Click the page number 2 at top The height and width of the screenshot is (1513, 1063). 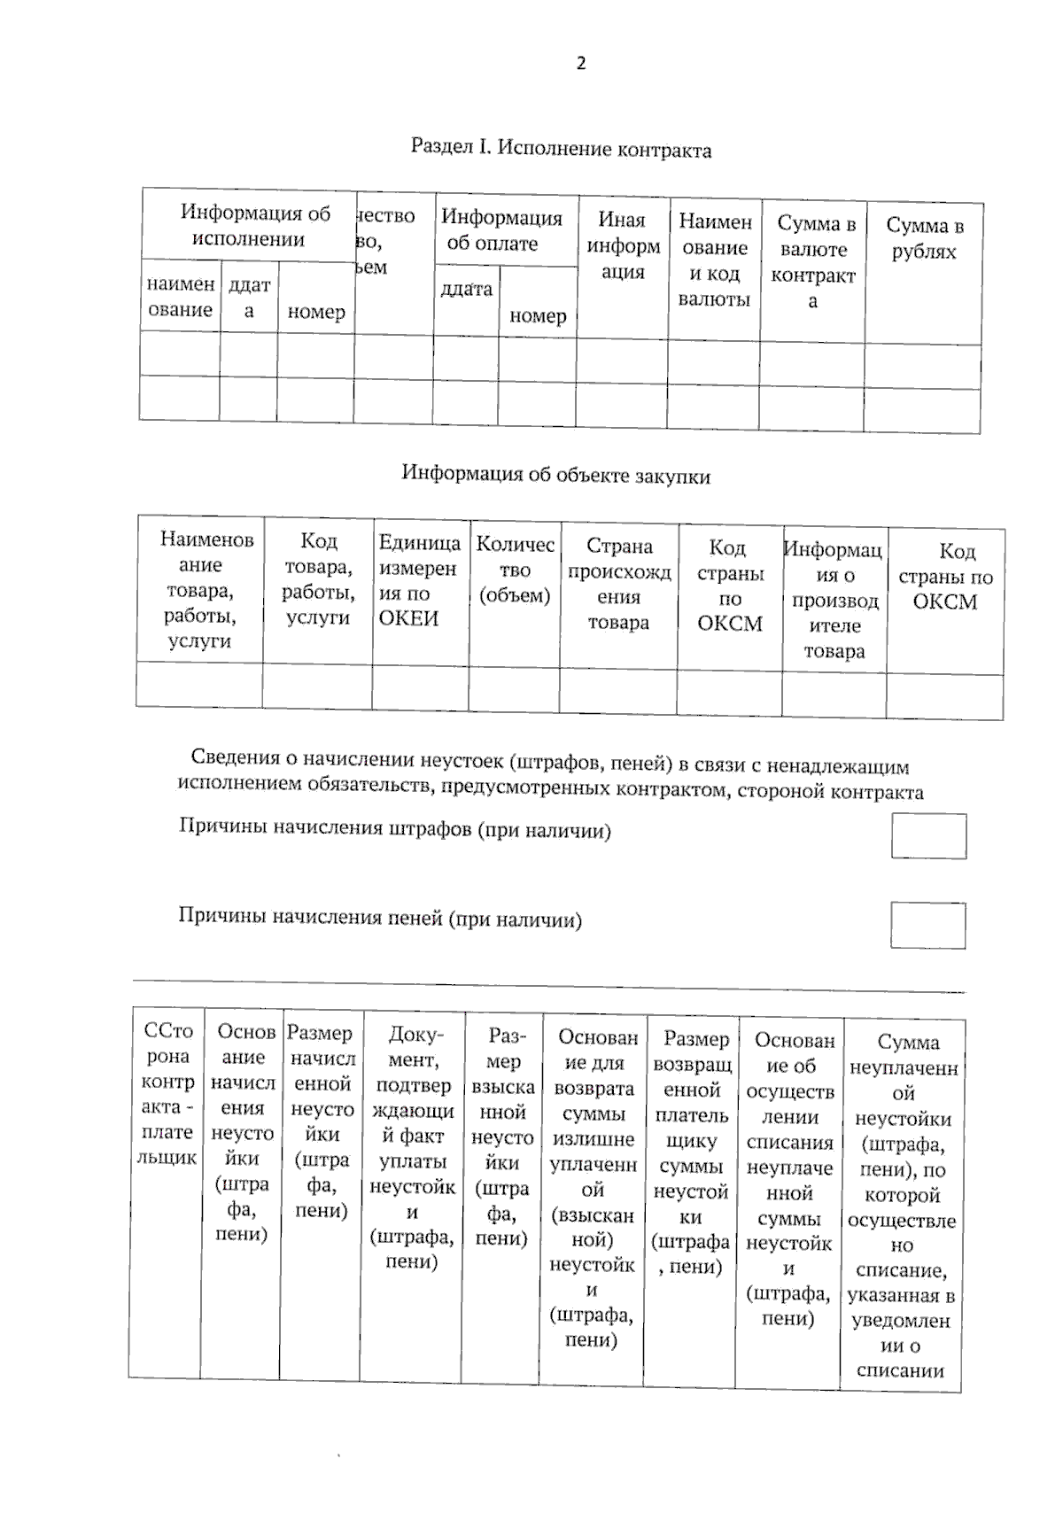[580, 63]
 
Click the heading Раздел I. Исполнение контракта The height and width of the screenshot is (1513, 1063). [561, 149]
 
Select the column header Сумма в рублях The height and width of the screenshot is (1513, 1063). [924, 239]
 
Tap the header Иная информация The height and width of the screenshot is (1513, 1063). [623, 245]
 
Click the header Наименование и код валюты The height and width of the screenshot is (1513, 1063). [714, 260]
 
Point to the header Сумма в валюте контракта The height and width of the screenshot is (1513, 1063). [813, 262]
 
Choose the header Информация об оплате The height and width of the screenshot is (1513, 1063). [501, 230]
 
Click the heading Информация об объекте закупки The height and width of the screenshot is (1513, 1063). [555, 475]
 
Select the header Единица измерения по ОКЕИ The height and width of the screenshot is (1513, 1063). [418, 580]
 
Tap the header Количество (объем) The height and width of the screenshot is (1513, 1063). [515, 570]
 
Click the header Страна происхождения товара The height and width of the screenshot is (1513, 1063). [618, 584]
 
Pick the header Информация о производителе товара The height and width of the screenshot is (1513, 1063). [833, 600]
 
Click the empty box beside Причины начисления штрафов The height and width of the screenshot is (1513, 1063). [928, 836]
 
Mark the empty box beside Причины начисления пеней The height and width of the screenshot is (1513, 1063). [927, 926]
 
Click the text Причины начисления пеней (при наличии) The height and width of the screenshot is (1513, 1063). [380, 918]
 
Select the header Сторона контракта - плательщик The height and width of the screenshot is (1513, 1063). [167, 1094]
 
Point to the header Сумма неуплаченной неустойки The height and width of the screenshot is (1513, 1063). [902, 1206]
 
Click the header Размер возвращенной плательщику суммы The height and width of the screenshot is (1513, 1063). [692, 1152]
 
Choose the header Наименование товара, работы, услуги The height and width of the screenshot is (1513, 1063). [201, 590]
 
